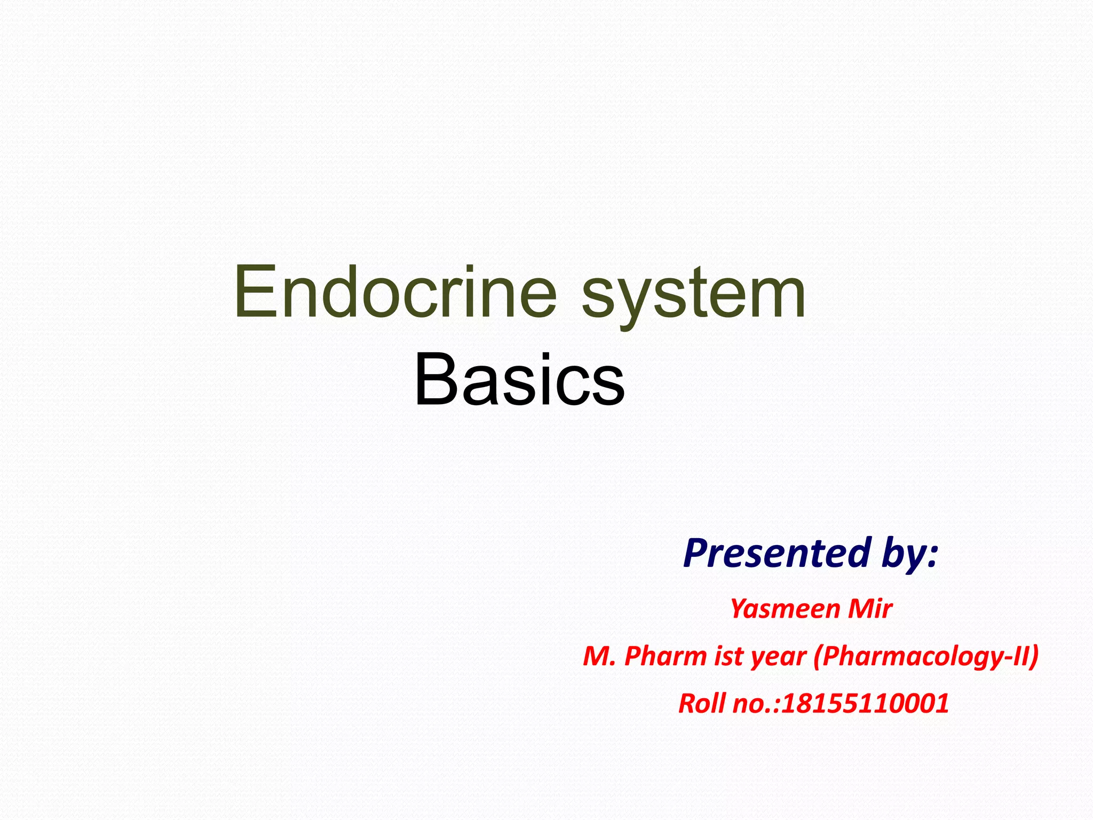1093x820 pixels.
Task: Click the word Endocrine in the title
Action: [x=395, y=293]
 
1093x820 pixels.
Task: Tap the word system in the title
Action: [x=693, y=296]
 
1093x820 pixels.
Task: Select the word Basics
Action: [x=519, y=380]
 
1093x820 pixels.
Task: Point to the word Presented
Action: [x=777, y=553]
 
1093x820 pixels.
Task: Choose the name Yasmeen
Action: [x=777, y=609]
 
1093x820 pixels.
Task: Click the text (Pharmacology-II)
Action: [x=926, y=656]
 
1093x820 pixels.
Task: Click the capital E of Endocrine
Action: [x=251, y=293]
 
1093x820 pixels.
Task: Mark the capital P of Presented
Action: [x=696, y=553]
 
